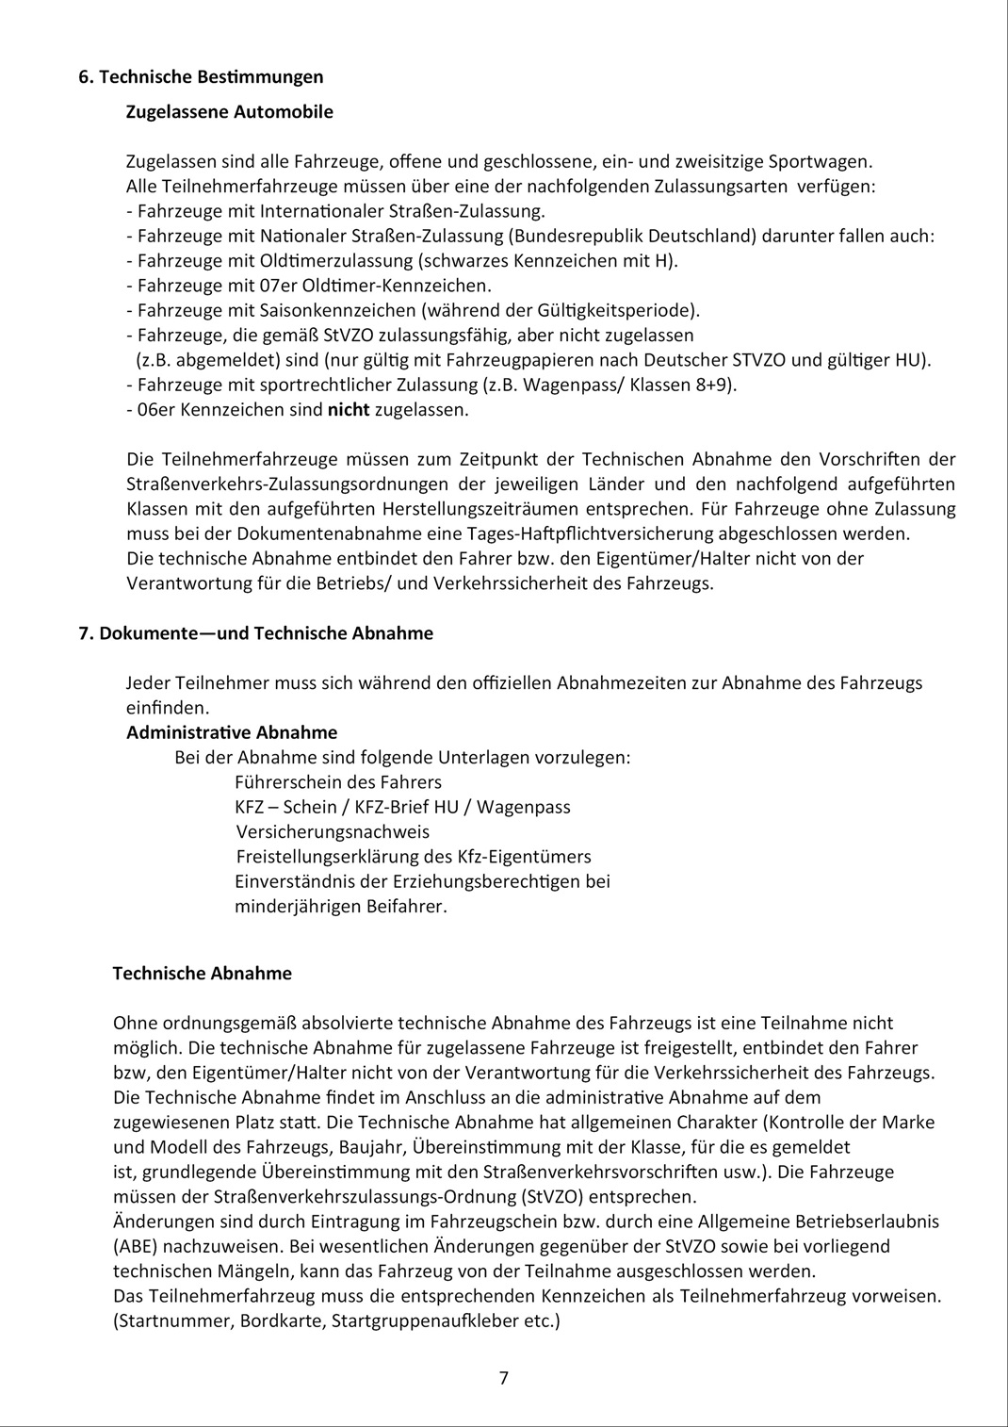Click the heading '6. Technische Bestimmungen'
pyautogui.click(x=201, y=77)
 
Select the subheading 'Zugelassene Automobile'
pyautogui.click(x=229, y=112)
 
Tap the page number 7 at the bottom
pyautogui.click(x=504, y=1378)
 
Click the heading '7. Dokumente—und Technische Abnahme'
pyautogui.click(x=256, y=633)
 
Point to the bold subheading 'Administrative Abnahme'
pyautogui.click(x=232, y=732)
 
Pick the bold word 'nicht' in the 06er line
pyautogui.click(x=349, y=410)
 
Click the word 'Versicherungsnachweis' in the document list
pyautogui.click(x=333, y=832)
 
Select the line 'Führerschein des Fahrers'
pyautogui.click(x=337, y=782)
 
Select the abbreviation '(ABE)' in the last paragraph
pyautogui.click(x=135, y=1246)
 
